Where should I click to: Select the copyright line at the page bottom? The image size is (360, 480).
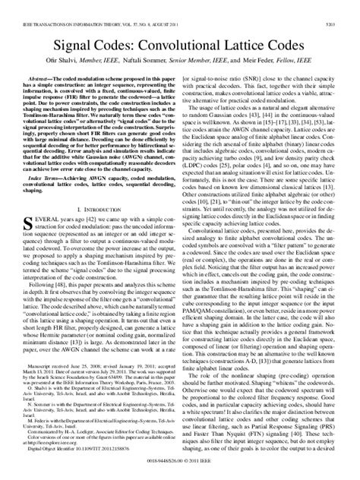pyautogui.click(x=180, y=472)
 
